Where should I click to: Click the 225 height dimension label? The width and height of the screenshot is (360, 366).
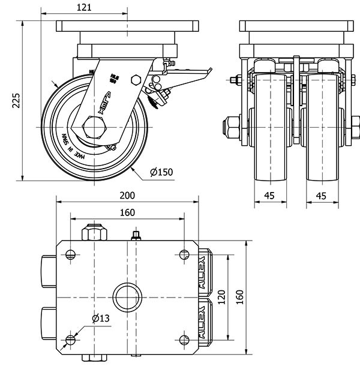click(x=16, y=100)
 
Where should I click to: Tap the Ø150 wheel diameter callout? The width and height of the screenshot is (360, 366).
click(x=161, y=172)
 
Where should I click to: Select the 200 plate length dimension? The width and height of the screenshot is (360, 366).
click(x=127, y=195)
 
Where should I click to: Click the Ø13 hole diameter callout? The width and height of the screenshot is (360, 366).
click(x=100, y=319)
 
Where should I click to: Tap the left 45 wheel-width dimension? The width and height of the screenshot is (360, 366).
click(x=269, y=195)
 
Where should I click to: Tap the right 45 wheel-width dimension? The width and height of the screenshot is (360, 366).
click(x=321, y=195)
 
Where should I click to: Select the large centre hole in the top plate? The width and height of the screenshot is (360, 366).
click(x=127, y=296)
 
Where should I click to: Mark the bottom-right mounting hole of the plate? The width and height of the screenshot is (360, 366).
click(x=184, y=340)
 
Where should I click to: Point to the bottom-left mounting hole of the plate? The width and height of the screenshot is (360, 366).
click(x=71, y=340)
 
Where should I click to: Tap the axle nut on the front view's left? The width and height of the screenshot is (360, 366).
click(x=231, y=127)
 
